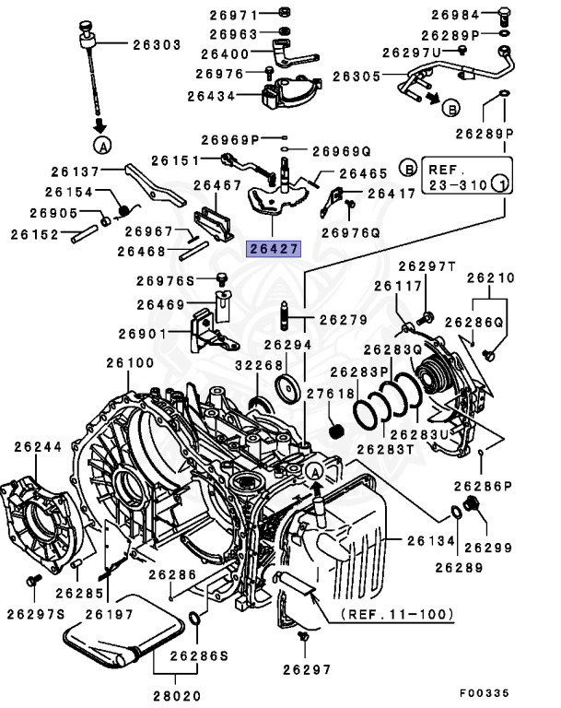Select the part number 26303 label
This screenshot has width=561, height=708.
156,43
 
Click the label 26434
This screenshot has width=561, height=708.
212,95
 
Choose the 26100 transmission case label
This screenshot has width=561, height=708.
130,363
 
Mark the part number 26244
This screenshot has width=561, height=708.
38,447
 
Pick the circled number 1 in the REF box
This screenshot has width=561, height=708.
498,183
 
